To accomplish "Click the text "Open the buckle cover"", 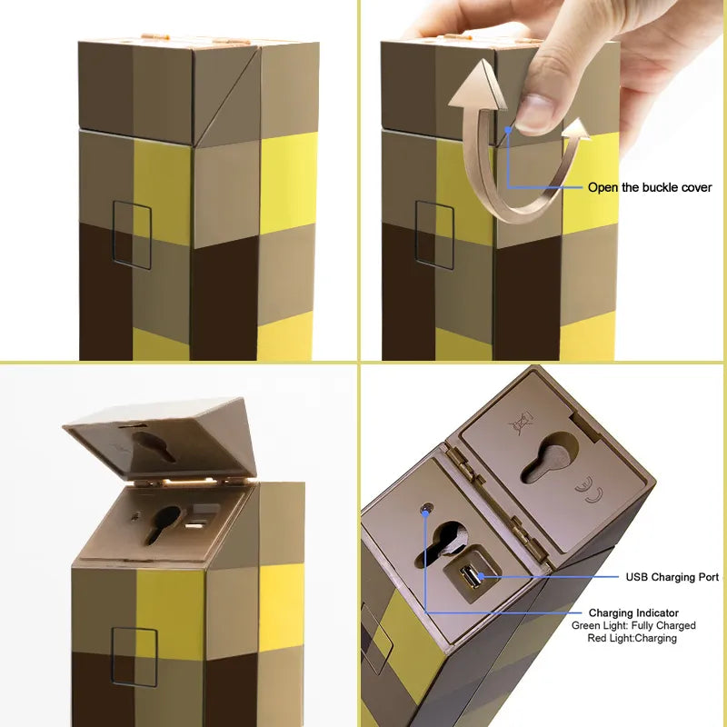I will [x=650, y=188].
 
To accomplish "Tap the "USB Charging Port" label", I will [x=672, y=577].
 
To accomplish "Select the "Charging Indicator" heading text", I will [x=633, y=613].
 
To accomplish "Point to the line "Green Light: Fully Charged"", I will [x=633, y=626].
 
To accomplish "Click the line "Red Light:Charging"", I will [x=633, y=639].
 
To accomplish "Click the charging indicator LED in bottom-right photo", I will [x=424, y=511].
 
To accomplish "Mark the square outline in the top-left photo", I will [x=132, y=235].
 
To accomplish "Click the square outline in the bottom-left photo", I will [x=134, y=655].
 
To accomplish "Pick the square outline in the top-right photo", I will [x=434, y=234].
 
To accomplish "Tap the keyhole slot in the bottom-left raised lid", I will [x=154, y=445].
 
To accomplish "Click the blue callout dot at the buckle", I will [x=507, y=131].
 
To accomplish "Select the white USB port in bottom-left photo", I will [x=194, y=524].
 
